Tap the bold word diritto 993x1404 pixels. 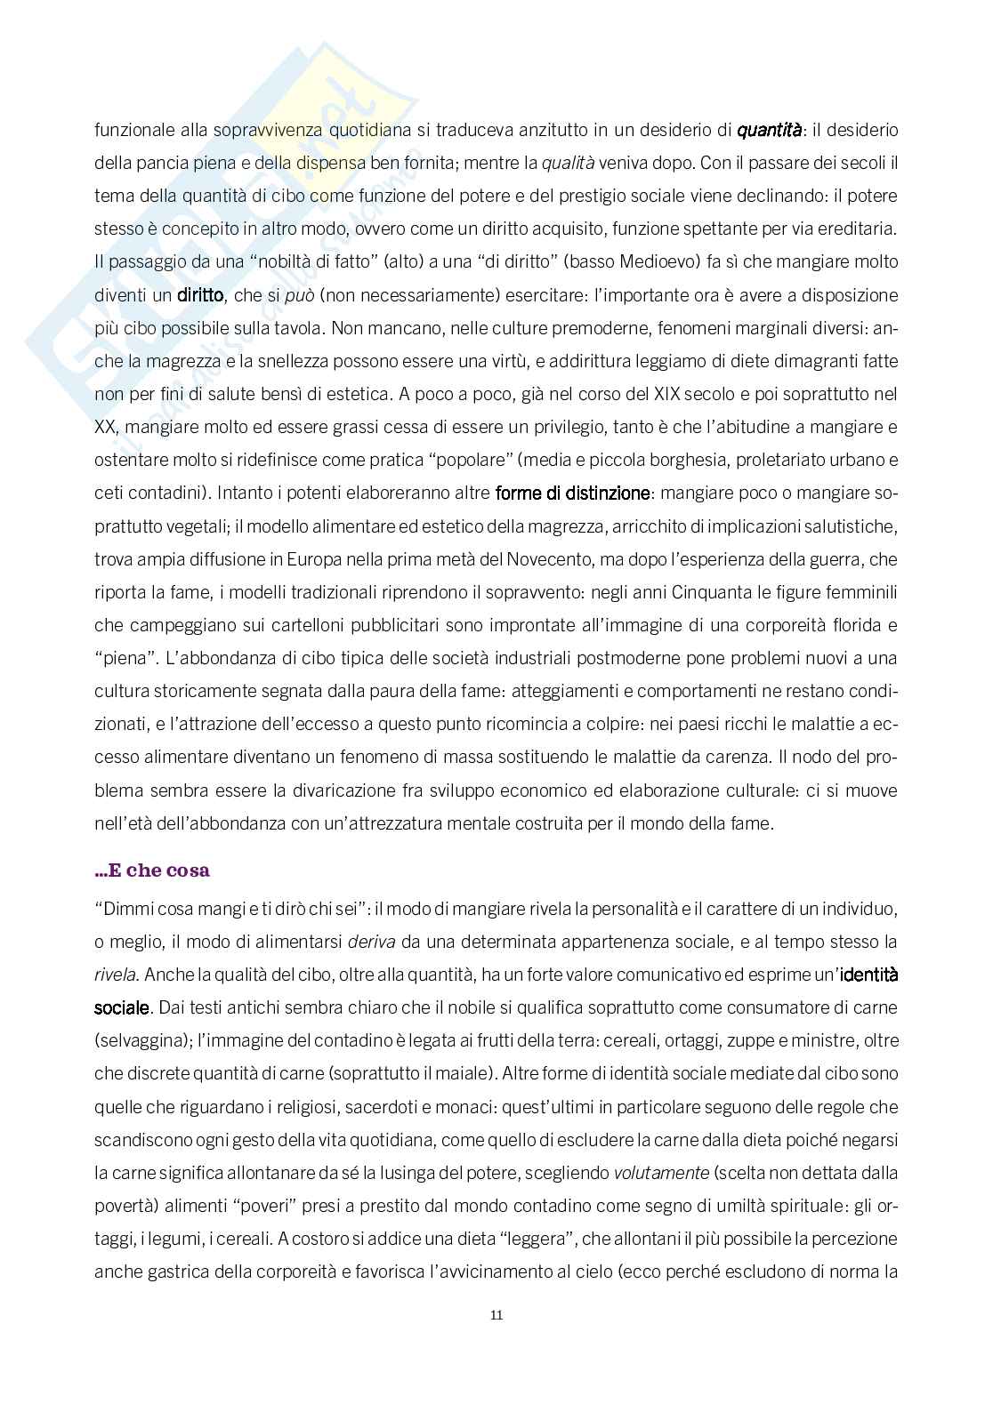pyautogui.click(x=200, y=294)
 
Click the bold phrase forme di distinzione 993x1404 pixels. pyautogui.click(x=572, y=492)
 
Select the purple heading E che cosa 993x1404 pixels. pyautogui.click(x=152, y=870)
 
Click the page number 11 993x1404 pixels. pyautogui.click(x=496, y=1315)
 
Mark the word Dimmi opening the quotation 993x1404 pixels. pyautogui.click(x=123, y=909)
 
